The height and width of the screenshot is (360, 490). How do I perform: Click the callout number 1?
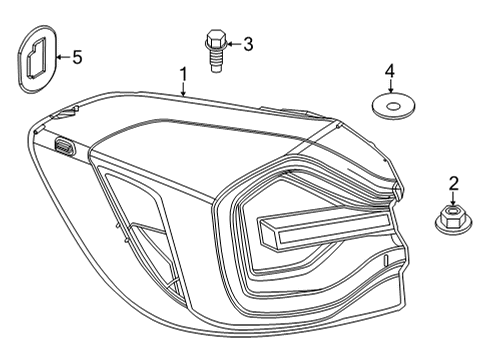point(183,73)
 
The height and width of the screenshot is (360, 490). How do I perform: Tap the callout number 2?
point(453,183)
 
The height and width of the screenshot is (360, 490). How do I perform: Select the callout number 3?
point(248,43)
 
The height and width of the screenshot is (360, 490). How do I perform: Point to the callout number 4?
point(391,70)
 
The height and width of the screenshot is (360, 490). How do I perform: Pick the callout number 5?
point(77,57)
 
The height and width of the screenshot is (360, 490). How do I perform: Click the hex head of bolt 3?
point(213,42)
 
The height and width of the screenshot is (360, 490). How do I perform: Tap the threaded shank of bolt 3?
point(214,62)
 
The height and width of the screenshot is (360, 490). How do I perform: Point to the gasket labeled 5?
point(37,60)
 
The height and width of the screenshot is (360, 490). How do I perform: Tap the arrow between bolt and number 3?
point(232,43)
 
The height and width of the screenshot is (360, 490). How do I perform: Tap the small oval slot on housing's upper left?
point(65,146)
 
